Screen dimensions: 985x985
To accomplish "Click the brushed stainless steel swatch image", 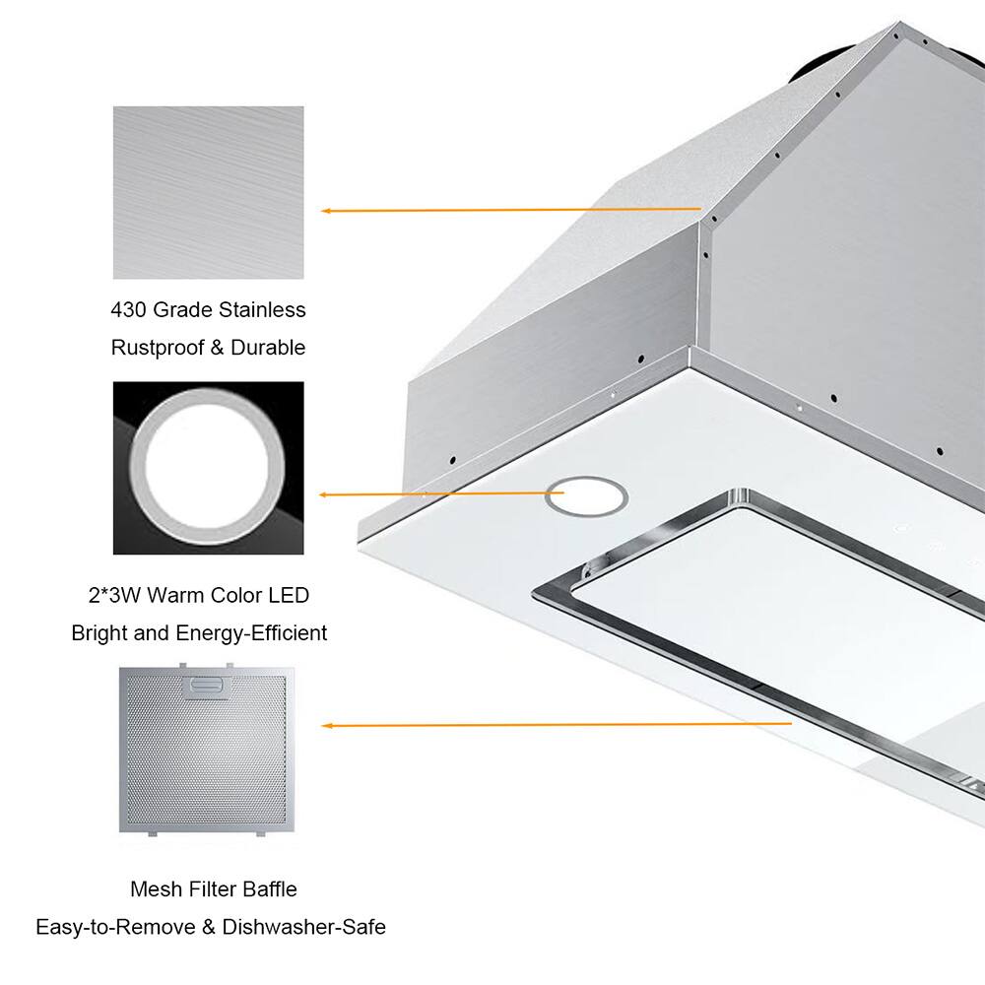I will (208, 193).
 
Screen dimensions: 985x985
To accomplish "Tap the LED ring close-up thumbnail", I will (208, 468).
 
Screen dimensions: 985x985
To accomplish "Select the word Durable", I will (268, 348).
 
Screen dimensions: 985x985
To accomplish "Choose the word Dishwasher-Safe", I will (304, 927).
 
